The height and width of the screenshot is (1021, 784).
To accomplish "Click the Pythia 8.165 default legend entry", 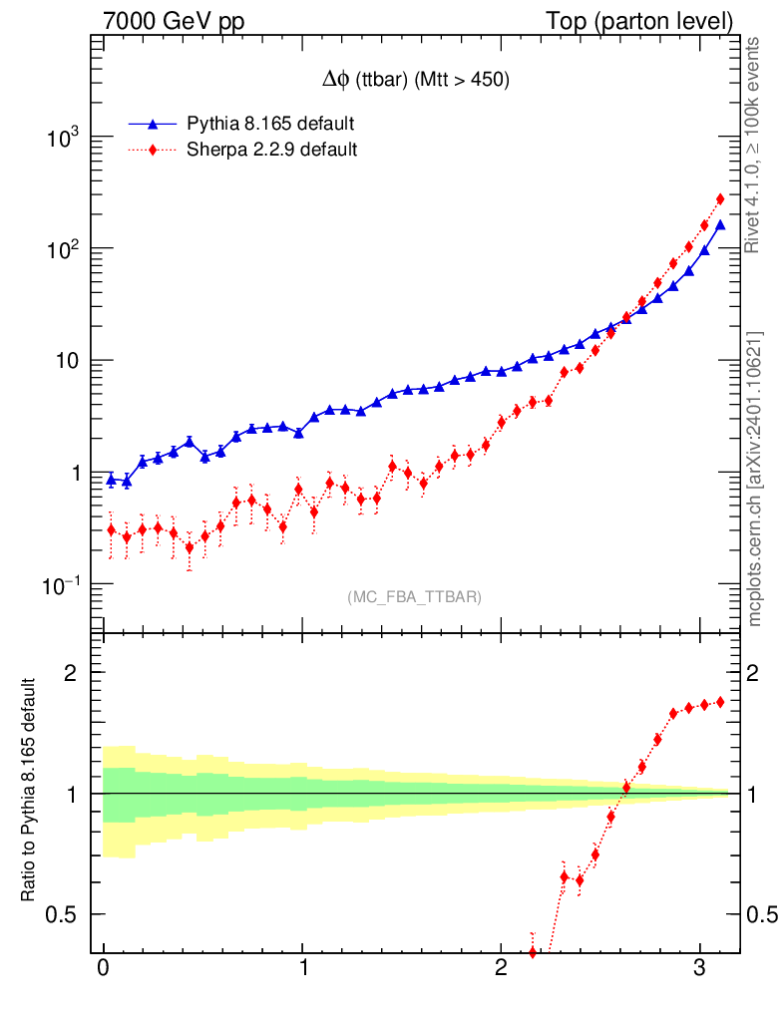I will (x=270, y=124).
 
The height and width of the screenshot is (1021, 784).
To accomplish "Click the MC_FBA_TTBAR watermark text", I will (x=414, y=597).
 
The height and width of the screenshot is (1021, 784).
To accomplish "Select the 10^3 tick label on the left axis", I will (x=63, y=138).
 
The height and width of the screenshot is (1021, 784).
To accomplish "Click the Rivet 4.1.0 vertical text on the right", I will (x=755, y=146).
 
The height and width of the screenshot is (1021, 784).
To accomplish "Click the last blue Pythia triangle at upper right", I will (x=720, y=225).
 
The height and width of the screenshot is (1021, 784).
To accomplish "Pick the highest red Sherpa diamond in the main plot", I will (x=720, y=199).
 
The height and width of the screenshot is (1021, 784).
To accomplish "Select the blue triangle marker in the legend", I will (x=153, y=124).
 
